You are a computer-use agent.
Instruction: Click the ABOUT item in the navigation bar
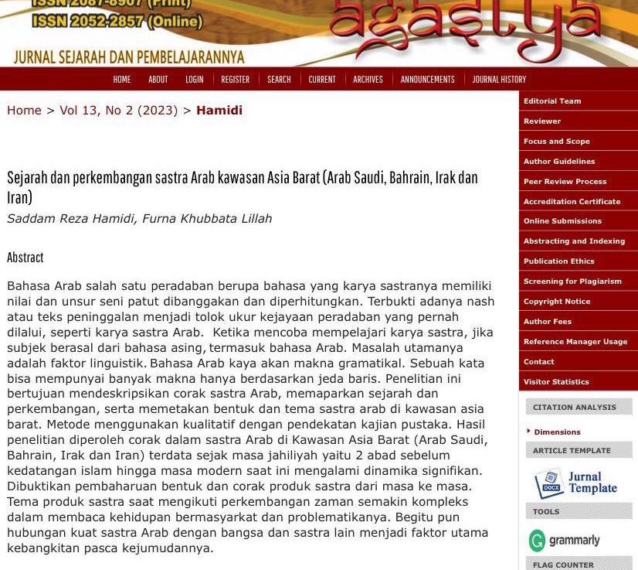(x=158, y=80)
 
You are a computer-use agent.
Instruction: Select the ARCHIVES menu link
(x=368, y=80)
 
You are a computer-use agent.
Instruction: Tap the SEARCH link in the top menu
(x=279, y=80)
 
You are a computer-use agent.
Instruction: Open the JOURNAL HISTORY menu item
(x=499, y=80)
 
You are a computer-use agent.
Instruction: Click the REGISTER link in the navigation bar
(x=235, y=80)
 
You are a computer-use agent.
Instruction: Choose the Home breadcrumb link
(x=24, y=111)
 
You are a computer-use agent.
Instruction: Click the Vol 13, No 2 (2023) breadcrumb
(x=118, y=111)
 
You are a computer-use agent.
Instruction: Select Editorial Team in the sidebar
(x=552, y=101)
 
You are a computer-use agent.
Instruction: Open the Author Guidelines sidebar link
(x=559, y=162)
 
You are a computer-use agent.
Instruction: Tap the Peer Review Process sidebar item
(x=565, y=182)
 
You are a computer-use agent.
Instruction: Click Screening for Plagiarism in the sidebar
(x=572, y=282)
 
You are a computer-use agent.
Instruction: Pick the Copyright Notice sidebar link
(x=557, y=302)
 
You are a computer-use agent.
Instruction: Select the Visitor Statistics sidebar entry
(x=556, y=382)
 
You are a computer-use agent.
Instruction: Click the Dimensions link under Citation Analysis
(x=557, y=432)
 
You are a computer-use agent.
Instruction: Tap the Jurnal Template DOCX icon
(x=549, y=483)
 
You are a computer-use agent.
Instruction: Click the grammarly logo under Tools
(x=565, y=540)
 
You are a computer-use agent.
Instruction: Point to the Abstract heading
(x=25, y=258)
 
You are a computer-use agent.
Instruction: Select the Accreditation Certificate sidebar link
(x=572, y=202)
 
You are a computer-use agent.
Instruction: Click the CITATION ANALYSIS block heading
(x=575, y=408)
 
